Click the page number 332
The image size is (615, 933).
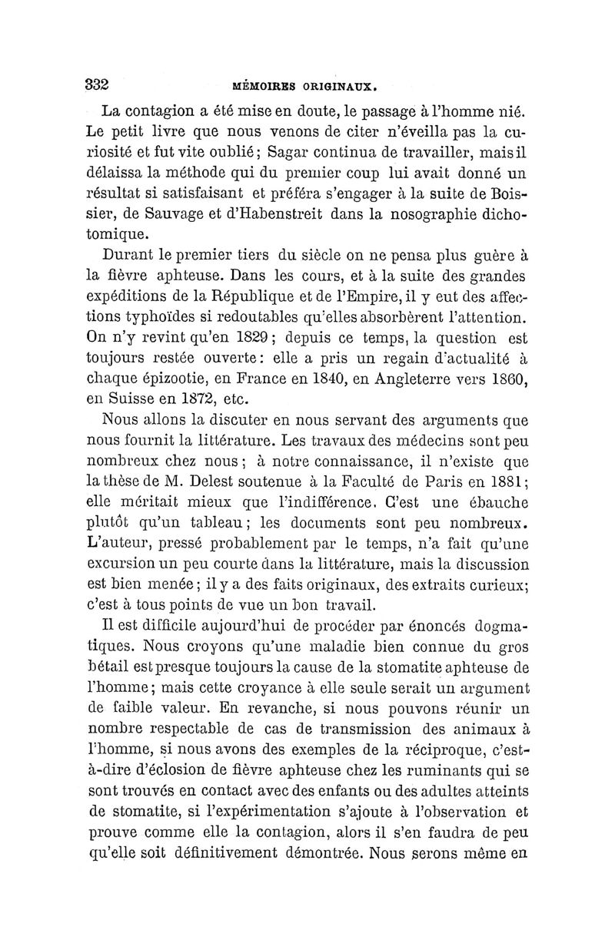97,84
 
